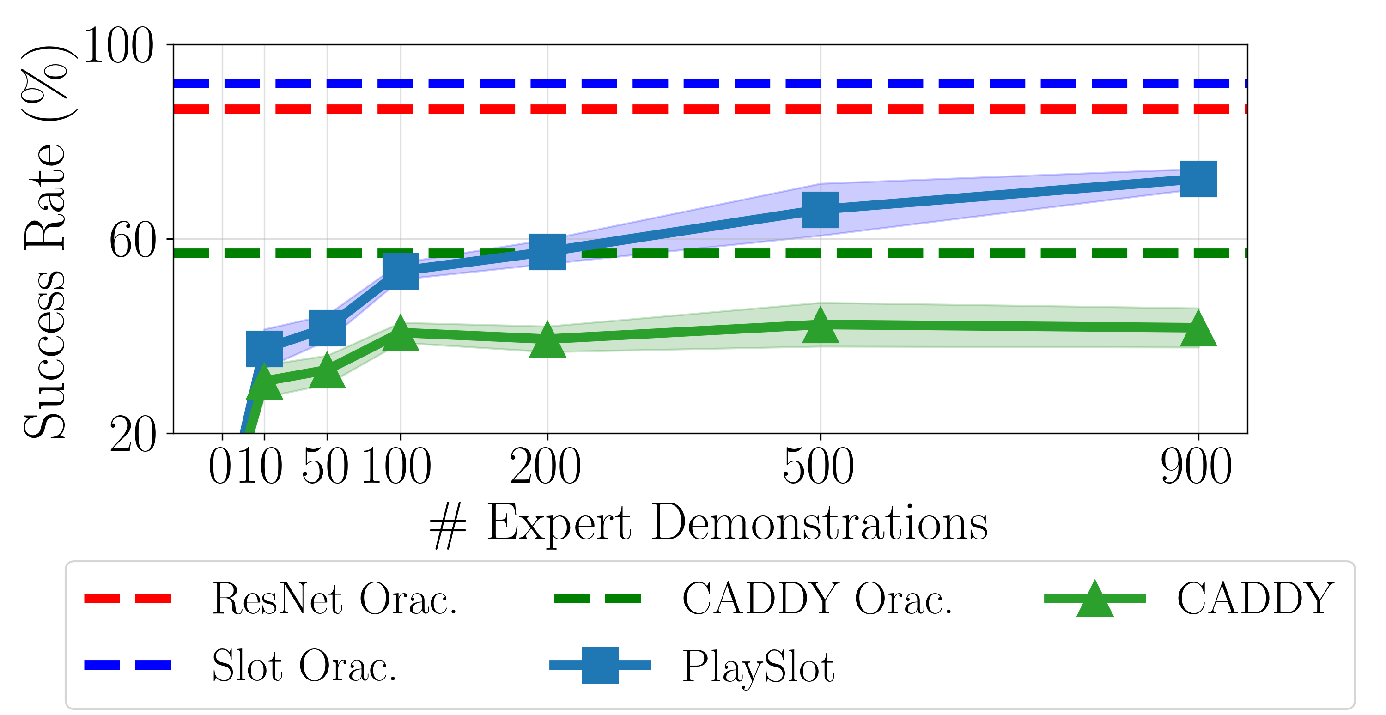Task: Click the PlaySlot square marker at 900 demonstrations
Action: point(1198,179)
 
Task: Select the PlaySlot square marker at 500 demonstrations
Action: point(820,210)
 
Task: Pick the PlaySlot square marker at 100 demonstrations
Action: point(400,271)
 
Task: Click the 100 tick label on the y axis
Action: point(119,46)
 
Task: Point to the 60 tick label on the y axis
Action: point(132,241)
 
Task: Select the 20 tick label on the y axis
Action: point(132,434)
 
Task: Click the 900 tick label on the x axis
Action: point(1197,467)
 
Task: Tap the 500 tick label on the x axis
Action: point(818,467)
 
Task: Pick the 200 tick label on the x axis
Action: point(546,467)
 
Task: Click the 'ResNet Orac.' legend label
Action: point(334,599)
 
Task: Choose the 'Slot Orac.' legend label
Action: point(304,666)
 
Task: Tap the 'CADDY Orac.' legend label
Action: point(817,599)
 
